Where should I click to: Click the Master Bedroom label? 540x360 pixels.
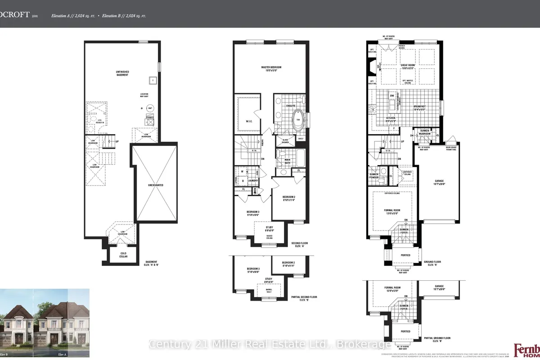coord(271,68)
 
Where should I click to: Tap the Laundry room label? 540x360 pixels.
coord(252,180)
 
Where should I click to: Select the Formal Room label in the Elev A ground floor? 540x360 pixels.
coord(392,211)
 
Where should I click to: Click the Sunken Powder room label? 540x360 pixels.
coord(374,175)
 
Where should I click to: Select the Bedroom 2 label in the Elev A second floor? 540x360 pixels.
coord(288,198)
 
